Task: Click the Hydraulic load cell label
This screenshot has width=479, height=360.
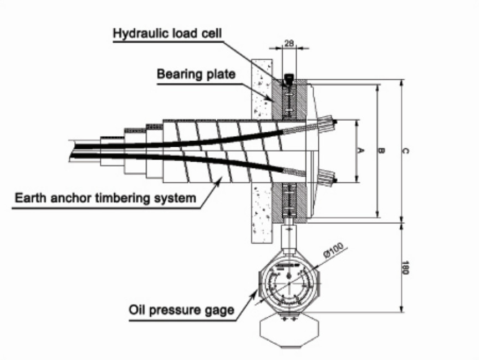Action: (x=167, y=33)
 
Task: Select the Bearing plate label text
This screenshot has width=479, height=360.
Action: (x=196, y=74)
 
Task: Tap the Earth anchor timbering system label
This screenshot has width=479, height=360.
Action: (x=105, y=198)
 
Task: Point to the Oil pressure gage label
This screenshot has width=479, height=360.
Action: (x=181, y=310)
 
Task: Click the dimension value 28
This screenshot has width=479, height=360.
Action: (x=288, y=42)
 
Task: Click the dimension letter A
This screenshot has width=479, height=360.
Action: (x=361, y=151)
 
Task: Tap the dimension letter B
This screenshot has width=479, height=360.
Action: (x=381, y=151)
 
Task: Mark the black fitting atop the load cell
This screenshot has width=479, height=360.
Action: (x=288, y=79)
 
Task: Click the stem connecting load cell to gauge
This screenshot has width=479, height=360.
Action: (x=288, y=235)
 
